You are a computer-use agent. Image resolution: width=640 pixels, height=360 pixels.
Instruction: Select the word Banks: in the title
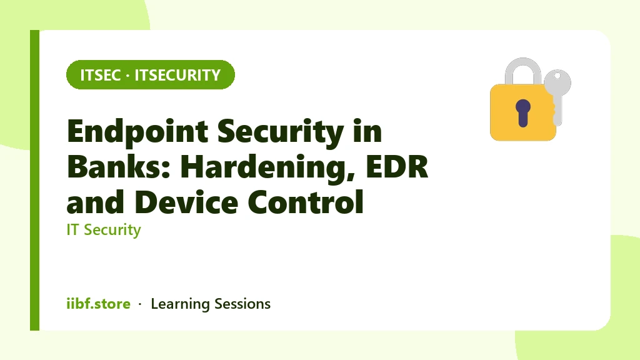(119, 166)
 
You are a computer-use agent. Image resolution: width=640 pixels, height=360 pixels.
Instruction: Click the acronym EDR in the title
(397, 166)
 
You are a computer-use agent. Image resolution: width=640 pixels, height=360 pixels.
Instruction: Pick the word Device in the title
(186, 202)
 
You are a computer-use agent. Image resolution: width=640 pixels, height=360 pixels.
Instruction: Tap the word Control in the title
(305, 202)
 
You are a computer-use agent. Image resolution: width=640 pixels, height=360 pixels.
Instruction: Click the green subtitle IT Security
(104, 230)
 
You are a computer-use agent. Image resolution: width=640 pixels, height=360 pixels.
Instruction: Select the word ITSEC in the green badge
(101, 75)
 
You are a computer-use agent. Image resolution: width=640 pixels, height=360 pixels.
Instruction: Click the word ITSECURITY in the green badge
(177, 75)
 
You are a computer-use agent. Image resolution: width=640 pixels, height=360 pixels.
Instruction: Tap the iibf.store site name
(98, 304)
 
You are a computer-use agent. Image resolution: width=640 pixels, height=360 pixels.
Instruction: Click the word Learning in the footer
(180, 304)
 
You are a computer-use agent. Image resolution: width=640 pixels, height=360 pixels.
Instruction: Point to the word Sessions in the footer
(242, 304)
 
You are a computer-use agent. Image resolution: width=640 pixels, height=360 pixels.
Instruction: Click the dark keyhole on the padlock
(523, 112)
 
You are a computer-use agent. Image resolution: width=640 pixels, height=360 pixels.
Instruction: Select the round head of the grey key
(557, 81)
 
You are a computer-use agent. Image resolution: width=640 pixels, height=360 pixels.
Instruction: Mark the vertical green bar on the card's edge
(35, 180)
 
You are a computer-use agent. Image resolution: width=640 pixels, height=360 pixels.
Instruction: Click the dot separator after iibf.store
(140, 304)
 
